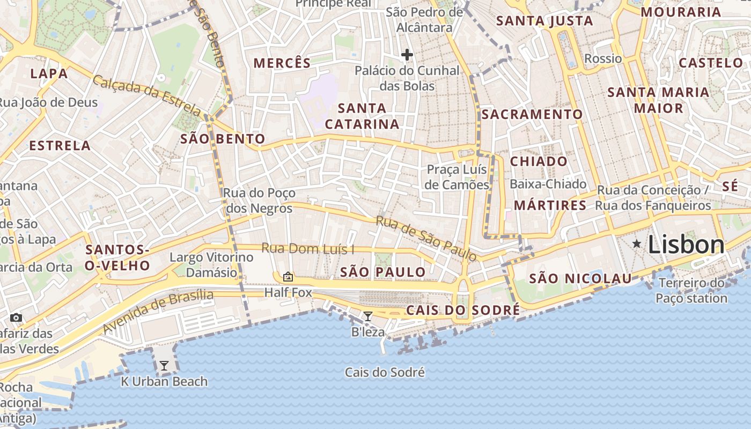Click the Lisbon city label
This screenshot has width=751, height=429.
coord(686,245)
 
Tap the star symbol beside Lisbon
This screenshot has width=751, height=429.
coord(637,244)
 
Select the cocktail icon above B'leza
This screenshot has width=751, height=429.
coord(367,316)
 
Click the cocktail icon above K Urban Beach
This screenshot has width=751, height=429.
coord(164,366)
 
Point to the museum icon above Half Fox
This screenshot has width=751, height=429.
coord(288,277)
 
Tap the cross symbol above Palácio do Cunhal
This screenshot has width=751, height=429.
coord(407,54)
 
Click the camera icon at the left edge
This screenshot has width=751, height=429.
coord(16,317)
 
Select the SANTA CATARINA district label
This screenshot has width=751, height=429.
coord(362,116)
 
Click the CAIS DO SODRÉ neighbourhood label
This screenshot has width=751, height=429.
coord(462,310)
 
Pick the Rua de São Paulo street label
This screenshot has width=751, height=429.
coord(426,239)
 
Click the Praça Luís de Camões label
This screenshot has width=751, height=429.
coord(457,177)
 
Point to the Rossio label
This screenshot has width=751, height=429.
coord(603,58)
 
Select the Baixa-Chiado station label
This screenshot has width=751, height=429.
coord(548,184)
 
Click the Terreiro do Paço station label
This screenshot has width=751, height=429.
coord(691,290)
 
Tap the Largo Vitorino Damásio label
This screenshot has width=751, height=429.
coord(211,264)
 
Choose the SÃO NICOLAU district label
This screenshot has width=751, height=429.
coord(580,278)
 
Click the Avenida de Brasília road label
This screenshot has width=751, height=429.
coord(158,310)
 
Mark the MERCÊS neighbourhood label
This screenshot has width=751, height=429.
coord(282,63)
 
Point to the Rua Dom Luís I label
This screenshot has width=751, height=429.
coord(308,249)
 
